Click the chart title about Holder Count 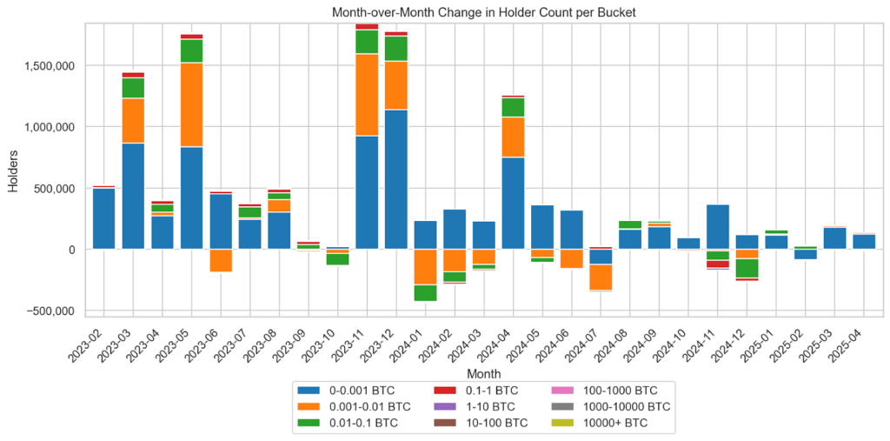[484, 13]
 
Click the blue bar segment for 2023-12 [396, 179]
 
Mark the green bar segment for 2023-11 [367, 42]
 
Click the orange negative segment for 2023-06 [221, 260]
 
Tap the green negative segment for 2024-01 [425, 292]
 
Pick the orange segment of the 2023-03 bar [133, 120]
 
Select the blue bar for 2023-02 [103, 218]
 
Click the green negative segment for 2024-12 [747, 268]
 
